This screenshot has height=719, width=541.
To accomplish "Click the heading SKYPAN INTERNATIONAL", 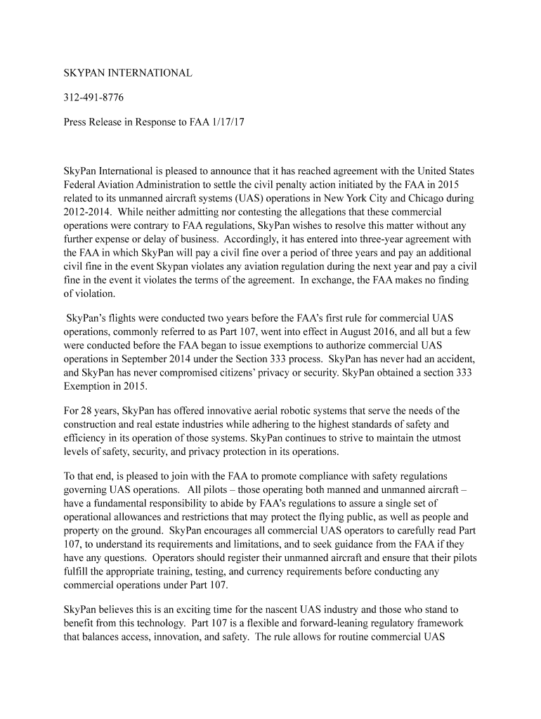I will click(127, 73).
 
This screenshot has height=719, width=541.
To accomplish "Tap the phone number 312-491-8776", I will click(89, 97).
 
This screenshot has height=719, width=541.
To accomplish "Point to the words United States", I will click(446, 171).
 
